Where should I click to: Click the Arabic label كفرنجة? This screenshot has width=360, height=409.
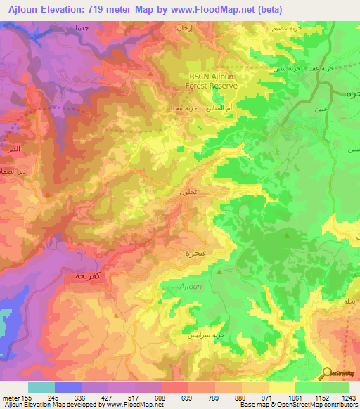90,276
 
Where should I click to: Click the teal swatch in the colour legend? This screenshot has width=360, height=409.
41,387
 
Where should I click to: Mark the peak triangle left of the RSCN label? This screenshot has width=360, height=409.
150,72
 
